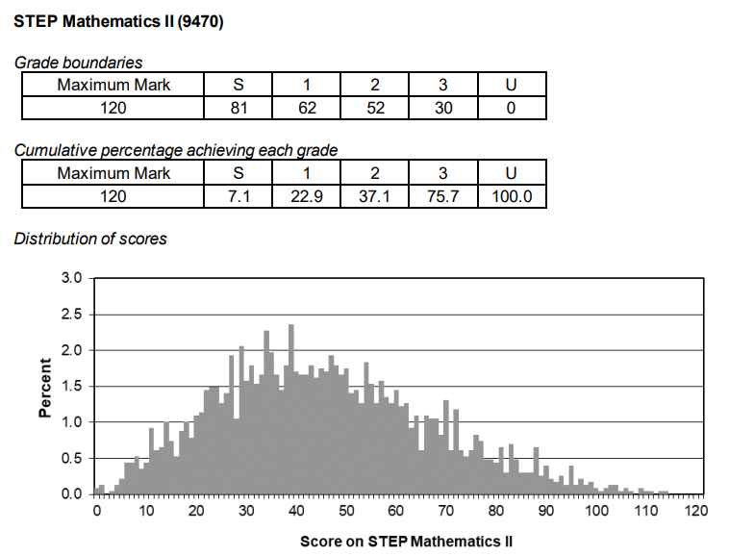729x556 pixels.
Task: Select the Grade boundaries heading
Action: coord(79,63)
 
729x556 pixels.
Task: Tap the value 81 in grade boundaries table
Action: coord(239,109)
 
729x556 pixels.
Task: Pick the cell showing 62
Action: coord(307,109)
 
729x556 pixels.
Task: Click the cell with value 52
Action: coord(375,109)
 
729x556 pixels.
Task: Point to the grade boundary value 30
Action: coord(442,109)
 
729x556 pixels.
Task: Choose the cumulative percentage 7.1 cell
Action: coord(239,197)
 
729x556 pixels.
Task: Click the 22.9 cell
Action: coord(307,197)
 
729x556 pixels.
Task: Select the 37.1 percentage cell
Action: coord(375,197)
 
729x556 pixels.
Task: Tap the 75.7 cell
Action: coord(442,197)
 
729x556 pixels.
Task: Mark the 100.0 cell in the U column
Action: coord(511,197)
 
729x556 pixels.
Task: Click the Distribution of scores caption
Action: coord(90,239)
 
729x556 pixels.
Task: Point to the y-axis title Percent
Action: coord(45,387)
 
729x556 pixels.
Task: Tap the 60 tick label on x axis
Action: coord(395,510)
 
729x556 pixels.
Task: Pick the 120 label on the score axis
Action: coord(695,510)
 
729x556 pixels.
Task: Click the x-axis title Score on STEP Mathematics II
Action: coord(406,543)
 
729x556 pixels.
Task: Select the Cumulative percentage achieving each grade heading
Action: coord(176,151)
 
